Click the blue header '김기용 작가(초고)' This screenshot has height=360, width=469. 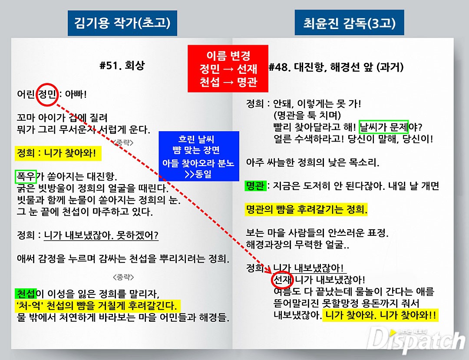tap(122, 23)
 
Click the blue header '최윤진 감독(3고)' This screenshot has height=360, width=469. tap(349, 23)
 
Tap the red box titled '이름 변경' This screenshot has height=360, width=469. tap(228, 69)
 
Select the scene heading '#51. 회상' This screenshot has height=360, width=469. tap(122, 65)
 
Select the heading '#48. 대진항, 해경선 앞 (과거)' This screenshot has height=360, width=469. tap(336, 67)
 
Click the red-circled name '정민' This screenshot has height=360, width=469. tap(47, 95)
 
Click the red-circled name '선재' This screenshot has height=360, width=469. tap(282, 280)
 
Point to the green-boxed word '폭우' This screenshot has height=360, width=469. tap(26, 176)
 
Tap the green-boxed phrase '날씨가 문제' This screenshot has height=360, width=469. tap(384, 127)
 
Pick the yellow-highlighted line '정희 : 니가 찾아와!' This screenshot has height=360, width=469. tap(58, 153)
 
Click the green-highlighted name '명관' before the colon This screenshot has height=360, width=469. tap(255, 186)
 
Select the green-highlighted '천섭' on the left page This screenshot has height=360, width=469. tap(26, 294)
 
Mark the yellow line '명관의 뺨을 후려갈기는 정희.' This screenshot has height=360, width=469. tap(306, 209)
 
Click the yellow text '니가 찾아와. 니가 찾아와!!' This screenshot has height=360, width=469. tap(380, 315)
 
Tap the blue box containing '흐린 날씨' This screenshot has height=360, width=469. tap(199, 156)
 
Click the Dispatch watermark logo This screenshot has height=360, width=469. tap(416, 341)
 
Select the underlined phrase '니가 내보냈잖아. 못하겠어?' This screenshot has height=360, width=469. tap(101, 235)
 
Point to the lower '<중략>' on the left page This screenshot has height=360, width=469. tap(123, 277)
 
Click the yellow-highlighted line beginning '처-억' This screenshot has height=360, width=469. tap(98, 306)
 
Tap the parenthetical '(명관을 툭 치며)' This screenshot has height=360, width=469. tap(307, 116)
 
